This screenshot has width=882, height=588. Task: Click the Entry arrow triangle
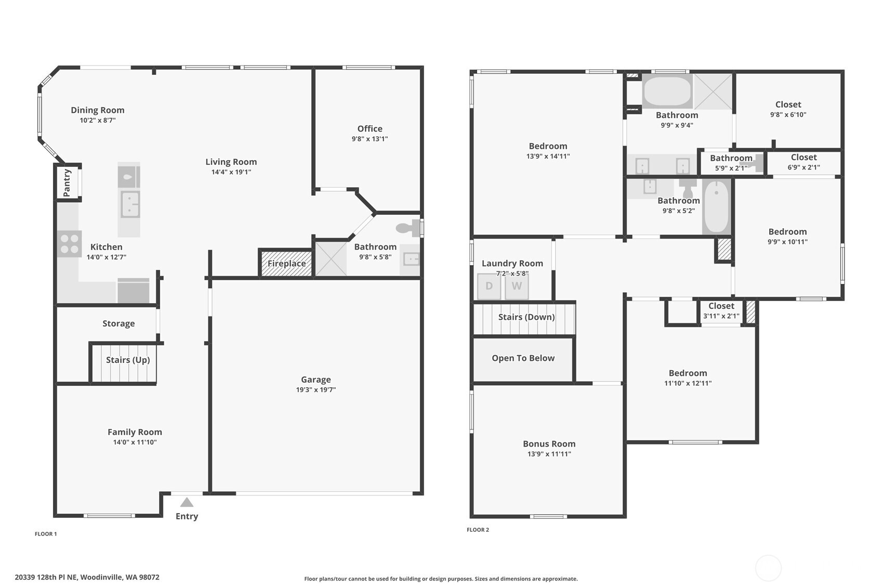tap(187, 502)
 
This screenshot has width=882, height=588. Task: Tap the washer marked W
tap(517, 286)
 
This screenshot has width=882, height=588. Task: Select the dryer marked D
tap(489, 286)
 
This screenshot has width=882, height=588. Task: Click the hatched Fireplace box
tap(286, 263)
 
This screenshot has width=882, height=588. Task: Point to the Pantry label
tap(67, 182)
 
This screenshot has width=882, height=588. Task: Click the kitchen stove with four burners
tap(69, 244)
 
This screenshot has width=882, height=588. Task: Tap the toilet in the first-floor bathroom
tap(408, 228)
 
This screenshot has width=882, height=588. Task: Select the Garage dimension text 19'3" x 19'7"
tap(316, 390)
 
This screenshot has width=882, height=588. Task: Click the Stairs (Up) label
tap(128, 360)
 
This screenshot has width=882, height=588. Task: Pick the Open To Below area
tap(523, 358)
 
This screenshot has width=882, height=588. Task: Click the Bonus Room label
tap(549, 443)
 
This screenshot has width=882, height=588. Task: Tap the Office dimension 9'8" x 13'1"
tap(370, 139)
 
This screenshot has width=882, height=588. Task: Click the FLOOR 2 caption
tap(478, 530)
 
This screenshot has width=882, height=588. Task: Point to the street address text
tap(87, 577)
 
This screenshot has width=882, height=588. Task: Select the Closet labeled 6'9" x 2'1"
tap(804, 162)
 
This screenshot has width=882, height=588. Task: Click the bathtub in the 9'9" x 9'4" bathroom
tap(667, 92)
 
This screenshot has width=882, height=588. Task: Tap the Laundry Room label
tap(512, 263)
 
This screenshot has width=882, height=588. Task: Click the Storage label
tap(119, 323)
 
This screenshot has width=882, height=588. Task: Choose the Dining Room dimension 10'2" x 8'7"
tap(98, 120)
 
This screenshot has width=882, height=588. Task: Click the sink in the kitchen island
tap(130, 204)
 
